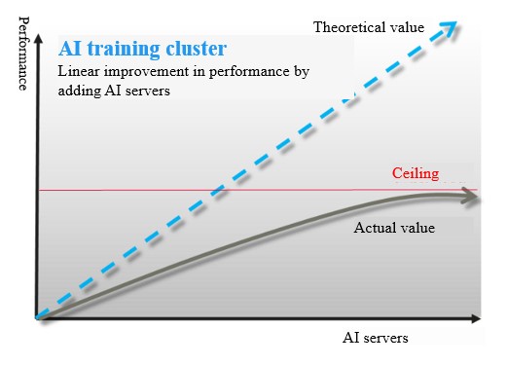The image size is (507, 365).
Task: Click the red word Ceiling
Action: click(x=416, y=174)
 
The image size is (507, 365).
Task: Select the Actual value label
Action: click(x=393, y=229)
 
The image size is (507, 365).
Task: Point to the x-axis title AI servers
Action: click(x=375, y=338)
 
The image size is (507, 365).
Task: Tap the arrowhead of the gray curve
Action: click(x=471, y=198)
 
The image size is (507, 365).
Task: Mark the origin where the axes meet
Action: click(x=36, y=318)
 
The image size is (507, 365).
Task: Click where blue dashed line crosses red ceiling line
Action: click(x=219, y=190)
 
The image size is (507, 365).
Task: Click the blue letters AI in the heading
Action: click(x=71, y=49)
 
